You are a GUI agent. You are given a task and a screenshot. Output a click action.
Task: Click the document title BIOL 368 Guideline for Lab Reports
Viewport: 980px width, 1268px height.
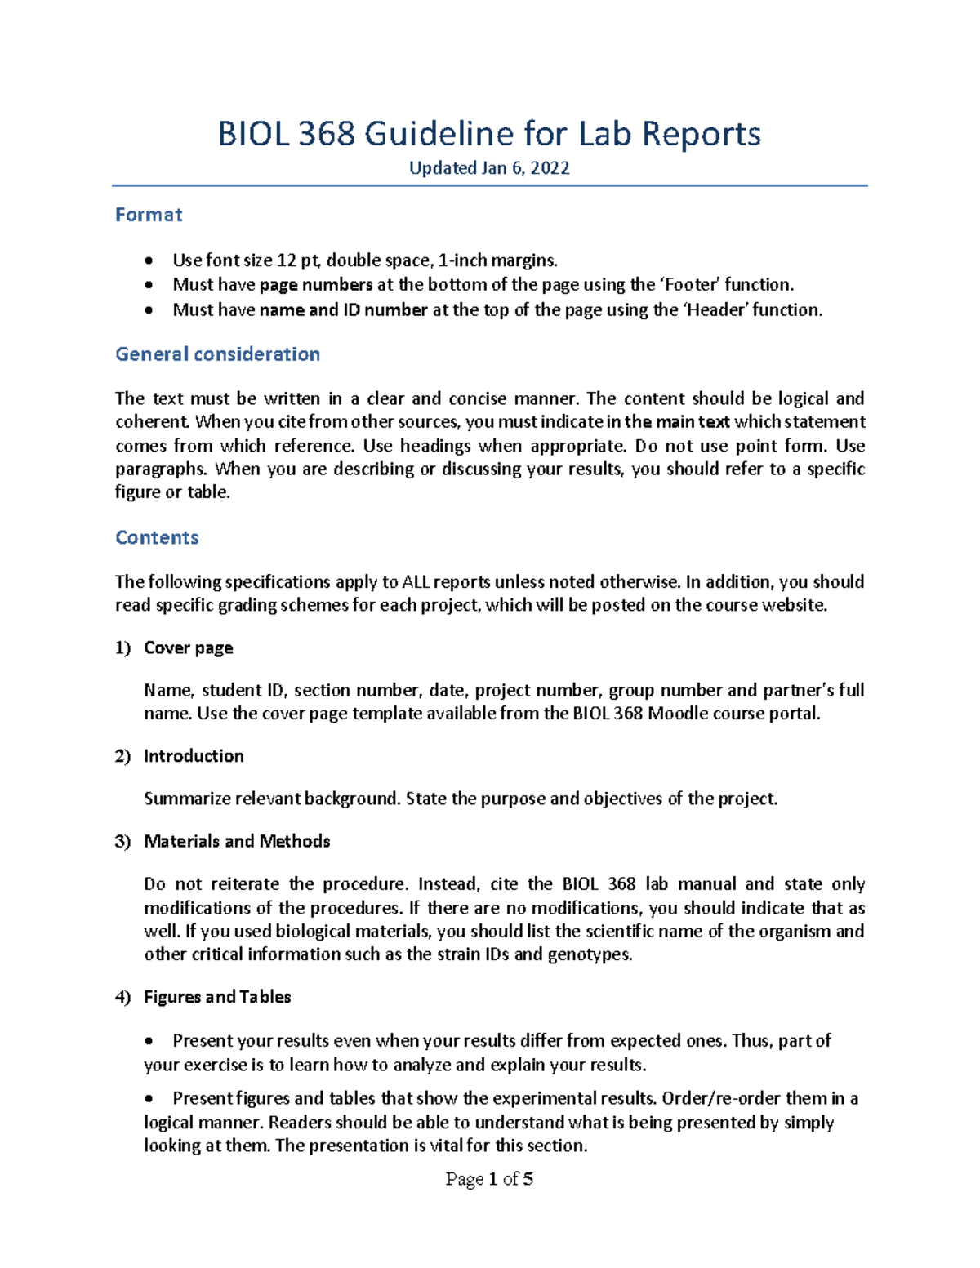tap(489, 134)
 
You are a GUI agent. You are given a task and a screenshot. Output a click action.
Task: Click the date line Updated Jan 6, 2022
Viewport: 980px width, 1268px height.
tap(489, 168)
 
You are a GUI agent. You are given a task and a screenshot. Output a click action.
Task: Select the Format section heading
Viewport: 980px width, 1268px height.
tap(149, 215)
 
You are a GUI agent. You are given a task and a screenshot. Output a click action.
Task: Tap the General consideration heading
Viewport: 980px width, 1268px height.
tap(217, 354)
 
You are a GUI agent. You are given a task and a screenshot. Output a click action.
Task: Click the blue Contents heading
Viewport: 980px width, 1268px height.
tap(157, 537)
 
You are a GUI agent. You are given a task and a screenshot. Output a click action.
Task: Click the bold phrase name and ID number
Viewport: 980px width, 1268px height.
tap(343, 310)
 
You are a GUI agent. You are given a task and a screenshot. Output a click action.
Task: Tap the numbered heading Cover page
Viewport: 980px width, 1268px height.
tap(189, 648)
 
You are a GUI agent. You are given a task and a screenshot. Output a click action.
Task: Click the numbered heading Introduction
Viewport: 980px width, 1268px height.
tap(194, 756)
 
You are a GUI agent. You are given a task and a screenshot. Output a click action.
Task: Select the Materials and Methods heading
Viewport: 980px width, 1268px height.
tap(237, 842)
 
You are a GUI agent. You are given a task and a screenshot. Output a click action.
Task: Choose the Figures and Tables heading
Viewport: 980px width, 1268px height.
tap(217, 997)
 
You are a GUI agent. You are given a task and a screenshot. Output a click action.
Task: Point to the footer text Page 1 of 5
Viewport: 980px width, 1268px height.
tap(489, 1179)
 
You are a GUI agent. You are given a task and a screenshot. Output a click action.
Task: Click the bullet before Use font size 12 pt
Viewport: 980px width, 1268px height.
tap(148, 261)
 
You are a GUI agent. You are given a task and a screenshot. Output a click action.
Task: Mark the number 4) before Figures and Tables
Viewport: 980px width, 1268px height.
tap(122, 998)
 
